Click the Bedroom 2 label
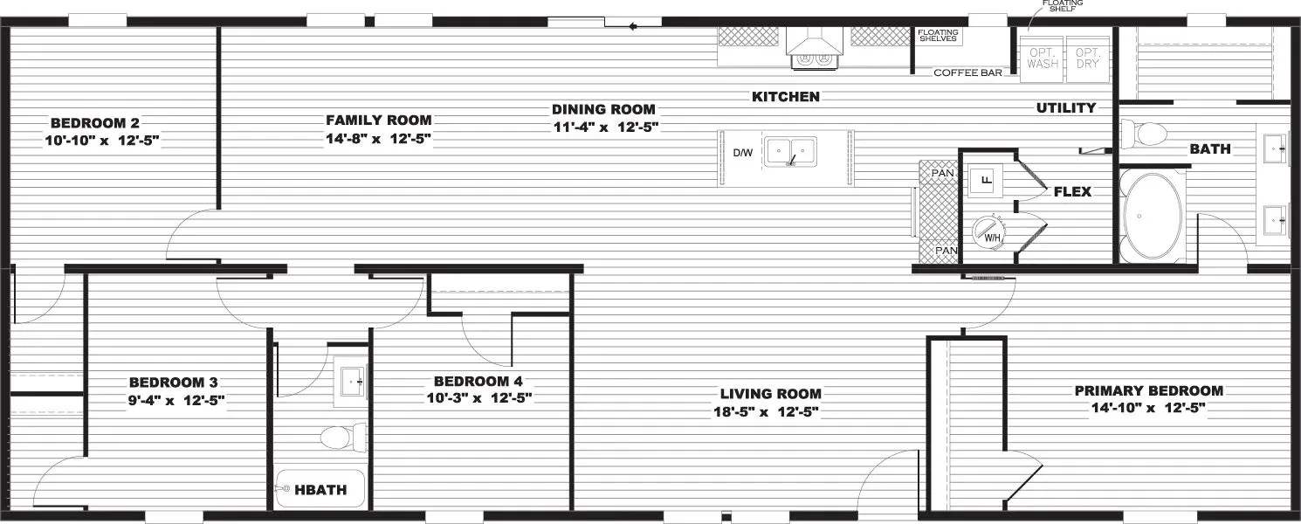pos(94,122)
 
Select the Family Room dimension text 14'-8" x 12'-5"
pos(378,138)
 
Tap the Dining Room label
pos(603,109)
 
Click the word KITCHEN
pos(786,97)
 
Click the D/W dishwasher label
pos(742,153)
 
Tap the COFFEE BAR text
pos(967,72)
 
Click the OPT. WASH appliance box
pos(1043,59)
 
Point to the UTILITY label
pos(1065,108)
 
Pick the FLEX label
pos(1072,191)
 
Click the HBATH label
pos(320,491)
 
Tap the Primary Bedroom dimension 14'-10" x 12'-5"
pos(1148,408)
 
